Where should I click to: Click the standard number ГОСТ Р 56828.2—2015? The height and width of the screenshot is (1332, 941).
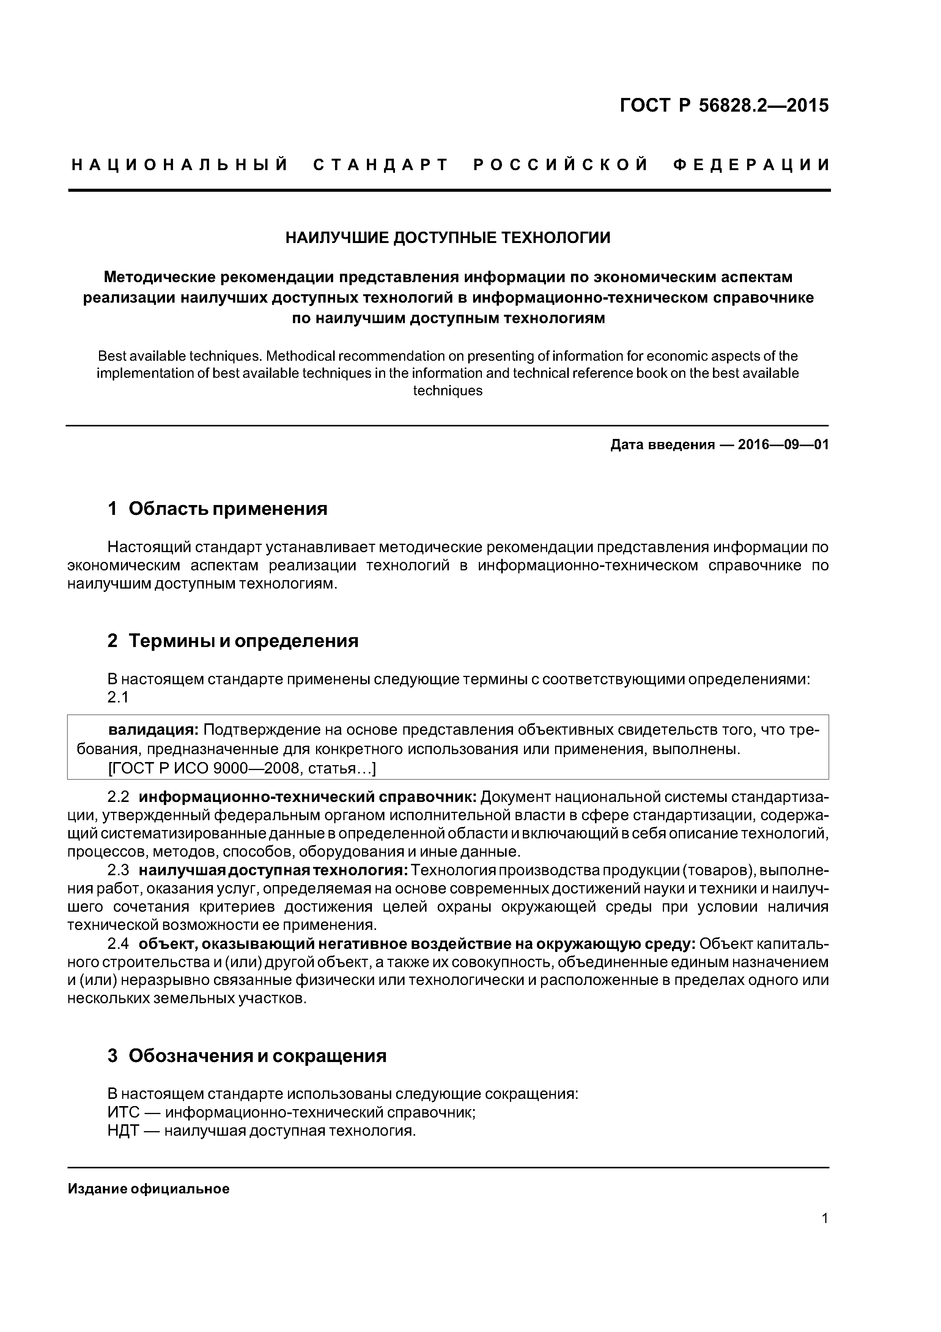(724, 106)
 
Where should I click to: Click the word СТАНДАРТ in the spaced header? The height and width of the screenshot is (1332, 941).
(381, 165)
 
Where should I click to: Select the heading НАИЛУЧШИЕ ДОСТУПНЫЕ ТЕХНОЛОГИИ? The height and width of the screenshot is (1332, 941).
(448, 238)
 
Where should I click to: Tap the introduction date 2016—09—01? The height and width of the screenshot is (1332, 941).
(783, 445)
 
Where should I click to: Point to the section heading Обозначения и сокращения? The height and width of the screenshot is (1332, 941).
(257, 1056)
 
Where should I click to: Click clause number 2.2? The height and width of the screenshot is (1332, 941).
(118, 797)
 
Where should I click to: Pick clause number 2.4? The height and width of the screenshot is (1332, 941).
(118, 944)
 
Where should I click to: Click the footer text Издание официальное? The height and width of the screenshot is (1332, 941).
(148, 1189)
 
